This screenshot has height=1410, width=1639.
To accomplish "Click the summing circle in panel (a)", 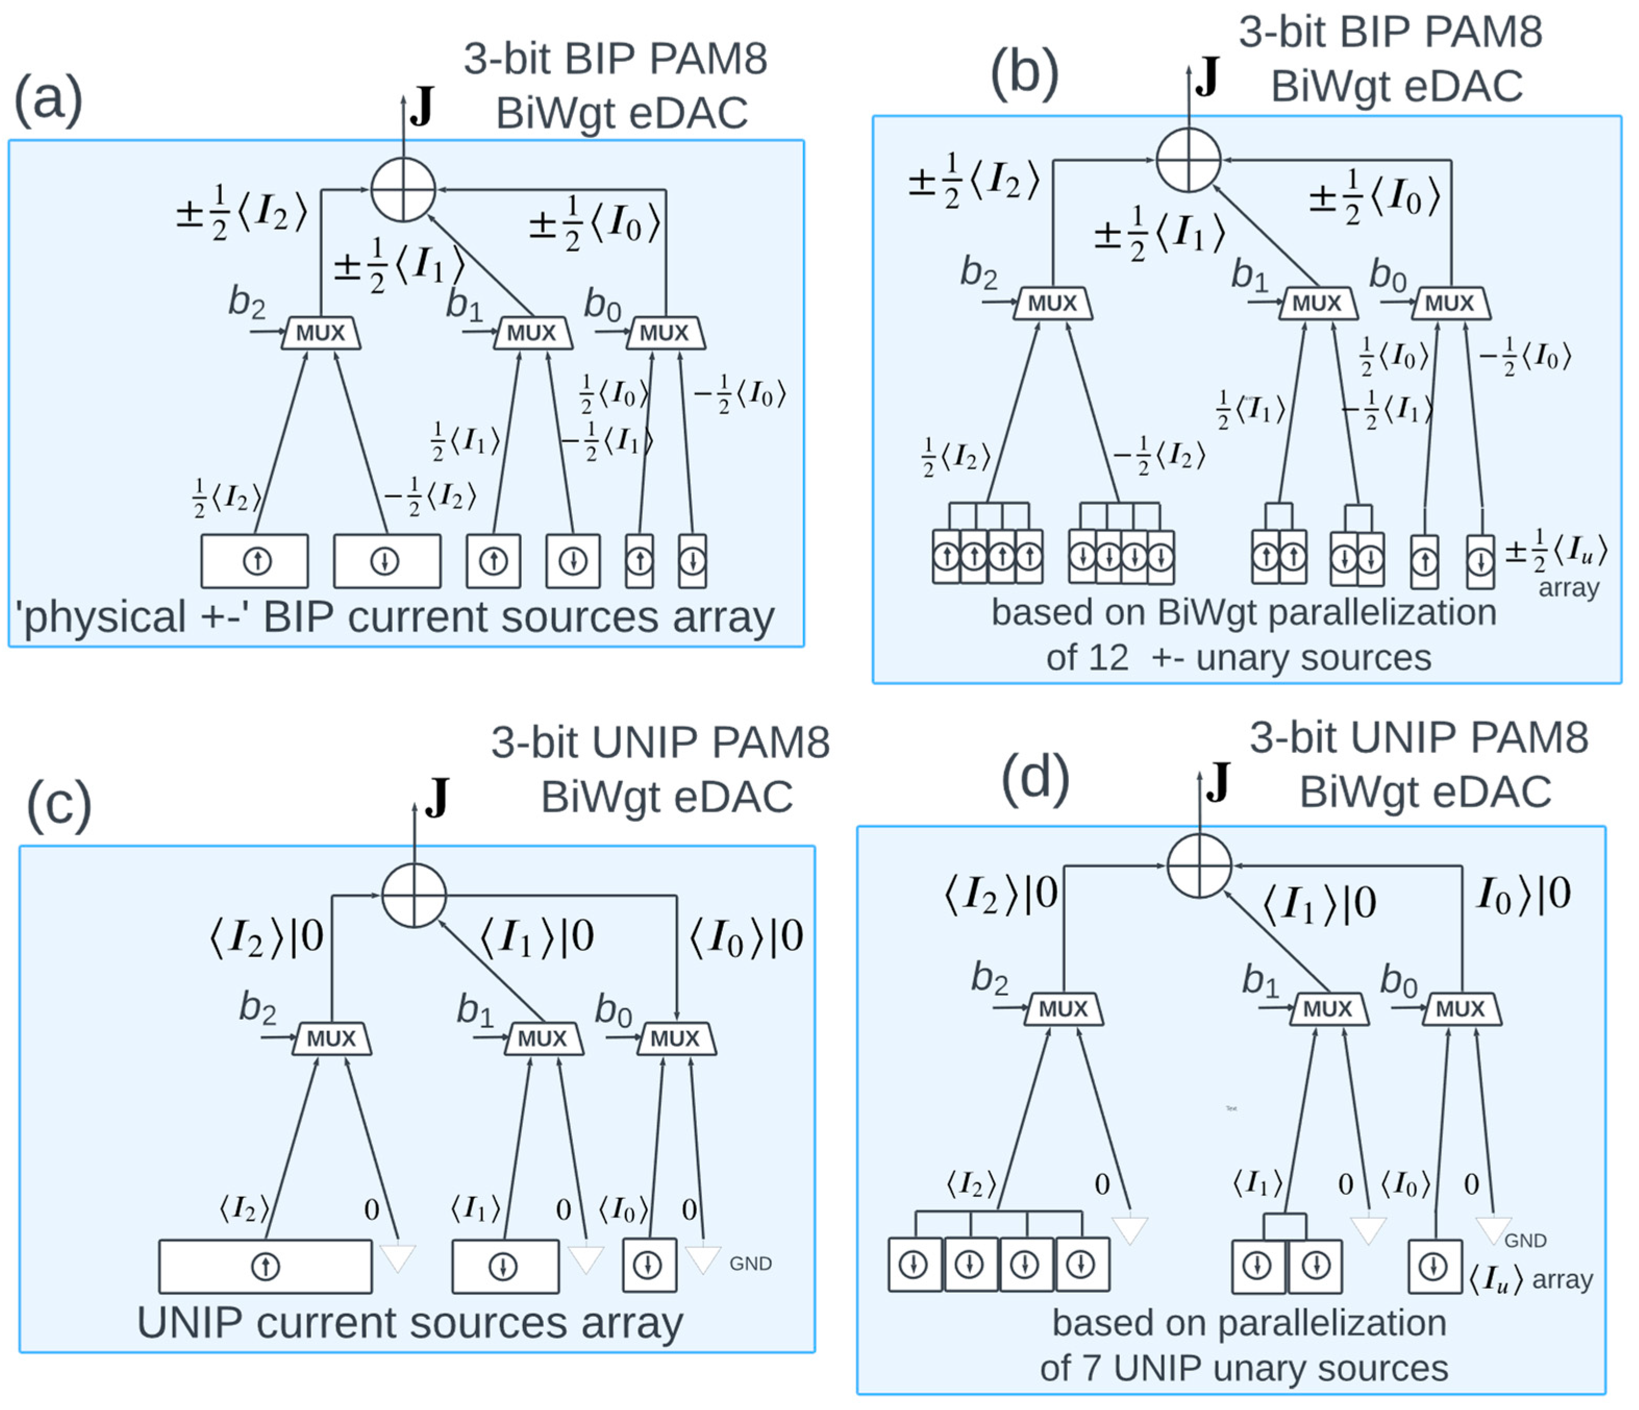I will click(404, 190).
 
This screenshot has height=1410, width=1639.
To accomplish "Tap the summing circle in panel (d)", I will click(1199, 865).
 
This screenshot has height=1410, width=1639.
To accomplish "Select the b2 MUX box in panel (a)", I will click(320, 333).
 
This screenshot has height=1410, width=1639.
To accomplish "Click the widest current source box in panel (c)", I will click(265, 1267).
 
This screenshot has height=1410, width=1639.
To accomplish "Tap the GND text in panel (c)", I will click(750, 1264).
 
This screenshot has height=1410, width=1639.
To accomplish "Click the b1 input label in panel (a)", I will click(465, 305).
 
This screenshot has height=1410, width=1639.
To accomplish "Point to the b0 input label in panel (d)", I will click(1398, 983).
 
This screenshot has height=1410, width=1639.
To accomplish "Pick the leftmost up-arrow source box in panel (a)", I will click(255, 561).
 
